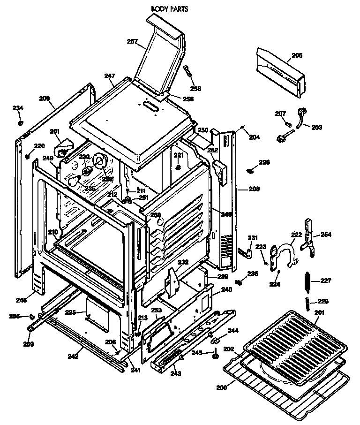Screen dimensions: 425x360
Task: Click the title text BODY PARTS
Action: click(x=169, y=8)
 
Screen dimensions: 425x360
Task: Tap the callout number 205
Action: click(x=297, y=55)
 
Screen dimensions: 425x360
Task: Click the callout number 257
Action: click(x=133, y=42)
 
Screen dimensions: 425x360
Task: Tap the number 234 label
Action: click(x=18, y=108)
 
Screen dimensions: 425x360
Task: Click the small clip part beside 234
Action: click(x=20, y=123)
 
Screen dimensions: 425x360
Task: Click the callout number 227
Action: click(x=325, y=281)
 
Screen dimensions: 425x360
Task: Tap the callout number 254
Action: click(x=326, y=234)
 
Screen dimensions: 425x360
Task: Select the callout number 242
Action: click(x=73, y=357)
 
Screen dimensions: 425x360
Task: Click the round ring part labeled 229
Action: click(x=100, y=162)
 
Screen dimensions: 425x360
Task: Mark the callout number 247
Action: click(x=109, y=76)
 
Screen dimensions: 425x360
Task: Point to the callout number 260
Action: click(x=155, y=215)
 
